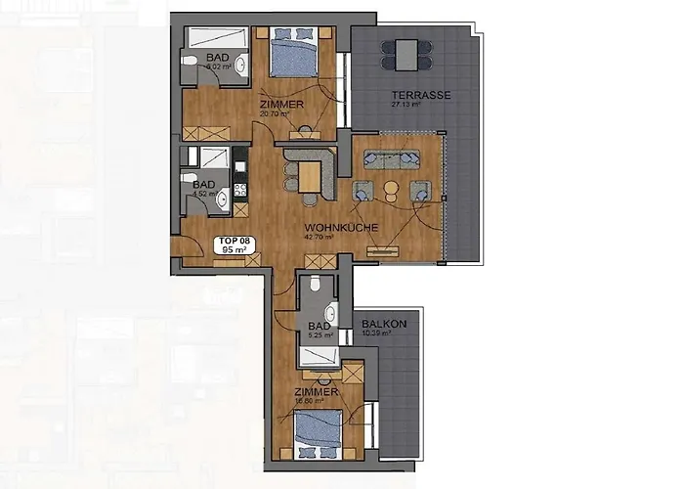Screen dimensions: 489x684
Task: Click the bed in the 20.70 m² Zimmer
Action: (292, 54)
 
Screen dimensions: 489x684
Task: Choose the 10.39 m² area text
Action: (376, 333)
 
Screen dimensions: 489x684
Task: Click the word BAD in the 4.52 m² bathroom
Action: (203, 184)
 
